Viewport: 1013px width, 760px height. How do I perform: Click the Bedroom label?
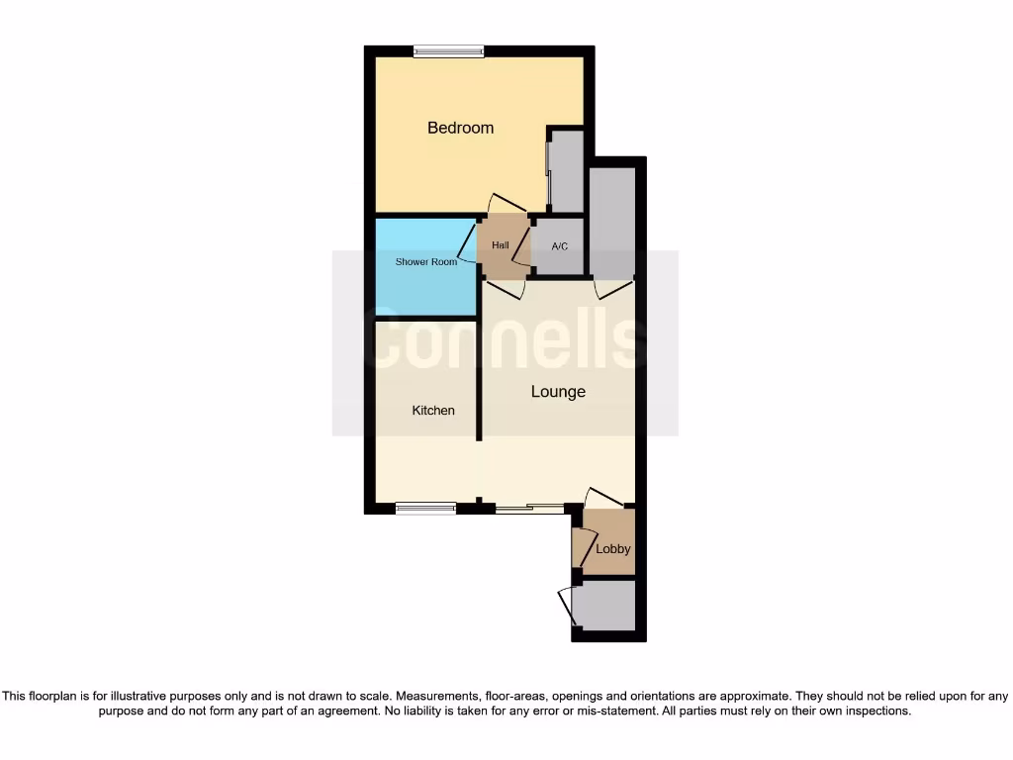(x=460, y=128)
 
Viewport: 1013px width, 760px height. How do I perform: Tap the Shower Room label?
(x=426, y=262)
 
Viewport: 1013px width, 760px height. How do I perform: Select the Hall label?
(x=501, y=245)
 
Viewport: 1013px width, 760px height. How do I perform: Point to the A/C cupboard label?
(x=559, y=246)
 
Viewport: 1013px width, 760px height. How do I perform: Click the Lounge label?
(x=558, y=392)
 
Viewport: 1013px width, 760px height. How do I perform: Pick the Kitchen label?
(x=433, y=410)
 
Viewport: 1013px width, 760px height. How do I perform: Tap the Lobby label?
(x=613, y=549)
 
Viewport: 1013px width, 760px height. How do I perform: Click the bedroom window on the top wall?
(x=448, y=51)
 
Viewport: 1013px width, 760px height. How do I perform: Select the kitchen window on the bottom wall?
(x=425, y=509)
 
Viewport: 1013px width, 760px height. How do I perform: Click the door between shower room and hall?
(x=473, y=242)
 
